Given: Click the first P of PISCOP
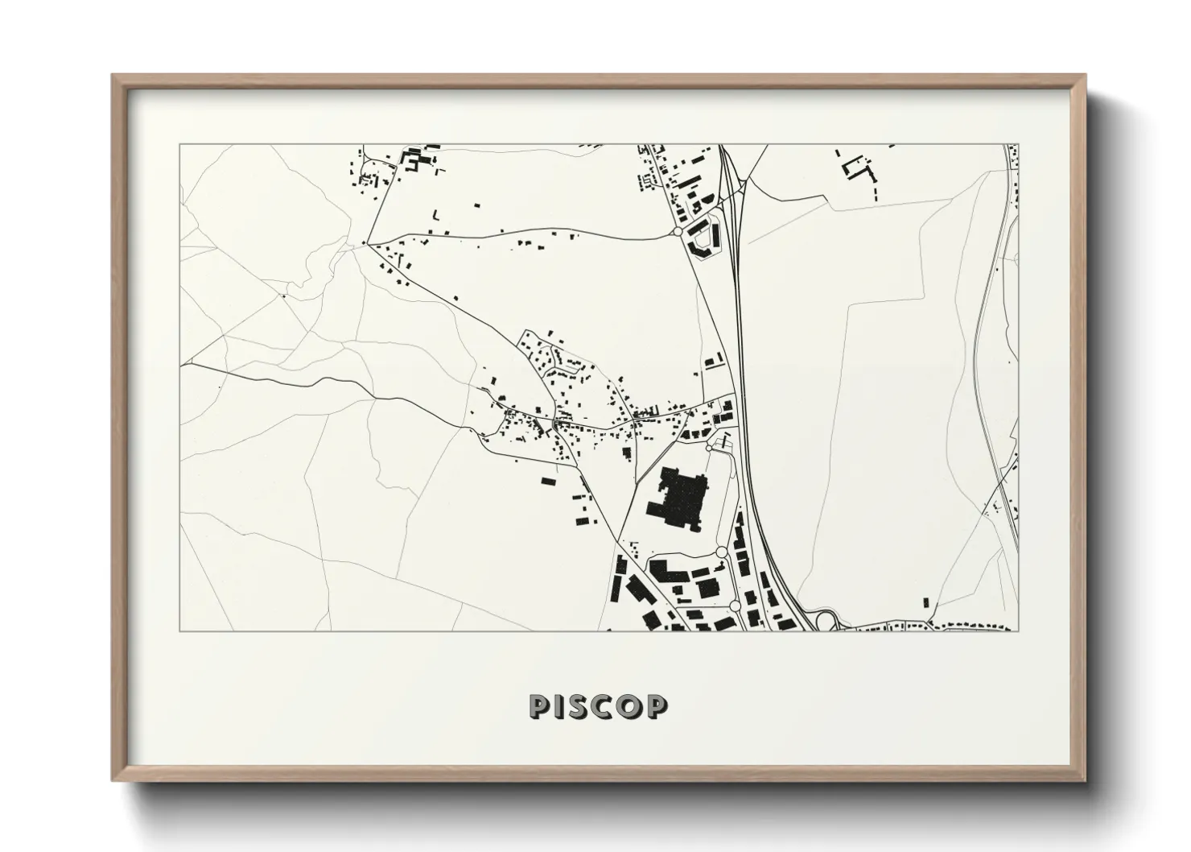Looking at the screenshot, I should (x=540, y=706).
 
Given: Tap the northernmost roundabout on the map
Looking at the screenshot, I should (x=677, y=231).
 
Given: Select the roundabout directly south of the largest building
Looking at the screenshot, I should (x=721, y=552).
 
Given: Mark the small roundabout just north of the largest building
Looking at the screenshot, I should (x=710, y=445).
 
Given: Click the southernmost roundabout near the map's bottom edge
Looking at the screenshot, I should (x=735, y=605).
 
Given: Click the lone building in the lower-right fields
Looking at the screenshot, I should (x=925, y=602).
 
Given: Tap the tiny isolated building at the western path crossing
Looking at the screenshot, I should (x=283, y=296).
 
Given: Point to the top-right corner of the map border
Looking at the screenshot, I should (x=1019, y=145).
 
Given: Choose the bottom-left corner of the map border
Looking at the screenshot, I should (x=179, y=631).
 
